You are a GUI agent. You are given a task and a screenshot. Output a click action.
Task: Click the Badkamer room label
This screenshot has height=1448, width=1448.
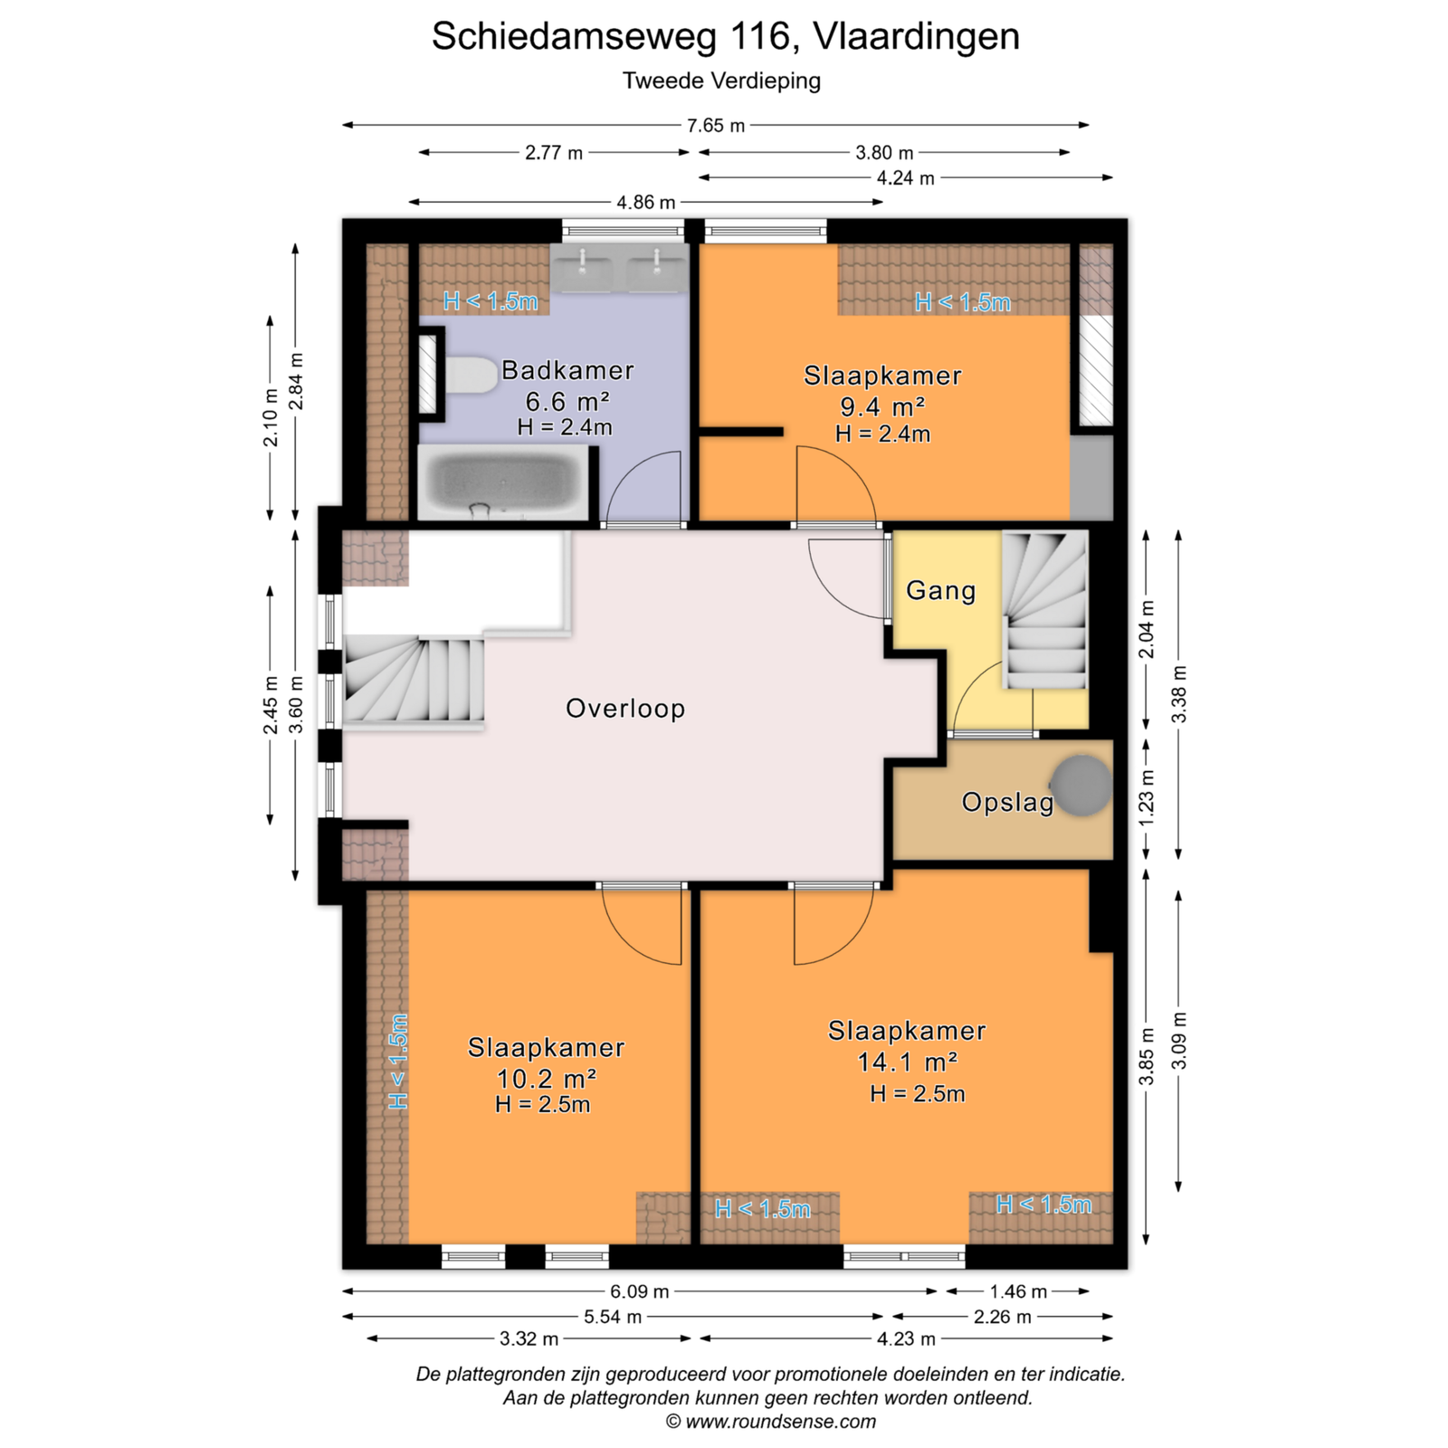(567, 370)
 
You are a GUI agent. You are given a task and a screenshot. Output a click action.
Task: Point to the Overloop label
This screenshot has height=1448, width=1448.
(625, 708)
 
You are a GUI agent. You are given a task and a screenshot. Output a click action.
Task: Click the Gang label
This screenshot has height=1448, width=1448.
(941, 591)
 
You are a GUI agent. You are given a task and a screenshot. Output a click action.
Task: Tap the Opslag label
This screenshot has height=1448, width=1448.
(1007, 802)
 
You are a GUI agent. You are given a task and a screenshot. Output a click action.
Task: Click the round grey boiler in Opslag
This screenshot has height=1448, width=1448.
(1081, 786)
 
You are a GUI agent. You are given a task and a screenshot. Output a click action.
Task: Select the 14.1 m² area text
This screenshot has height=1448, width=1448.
(908, 1061)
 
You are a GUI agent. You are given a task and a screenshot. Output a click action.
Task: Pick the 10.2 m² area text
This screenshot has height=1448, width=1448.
(547, 1078)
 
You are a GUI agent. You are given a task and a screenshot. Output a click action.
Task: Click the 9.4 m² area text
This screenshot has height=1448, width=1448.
(882, 406)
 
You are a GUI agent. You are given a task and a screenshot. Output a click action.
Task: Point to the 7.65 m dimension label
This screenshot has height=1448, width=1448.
(716, 126)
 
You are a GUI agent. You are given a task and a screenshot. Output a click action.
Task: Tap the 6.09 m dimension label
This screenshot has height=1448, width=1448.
(640, 1291)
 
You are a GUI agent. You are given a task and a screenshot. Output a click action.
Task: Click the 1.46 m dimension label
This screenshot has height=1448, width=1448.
(1018, 1291)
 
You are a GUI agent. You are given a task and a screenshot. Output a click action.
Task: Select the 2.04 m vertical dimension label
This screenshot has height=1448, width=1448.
(1147, 629)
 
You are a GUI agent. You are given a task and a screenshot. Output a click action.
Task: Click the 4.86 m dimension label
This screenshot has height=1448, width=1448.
(646, 202)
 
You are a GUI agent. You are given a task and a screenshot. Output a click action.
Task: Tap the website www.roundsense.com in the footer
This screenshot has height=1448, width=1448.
(780, 1422)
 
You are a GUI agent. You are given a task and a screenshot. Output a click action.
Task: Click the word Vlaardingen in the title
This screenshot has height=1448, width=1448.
(917, 36)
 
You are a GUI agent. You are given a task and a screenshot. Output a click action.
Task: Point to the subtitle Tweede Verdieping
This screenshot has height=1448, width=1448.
(721, 81)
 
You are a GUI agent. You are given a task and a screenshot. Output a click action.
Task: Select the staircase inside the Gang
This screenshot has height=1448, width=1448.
(1044, 611)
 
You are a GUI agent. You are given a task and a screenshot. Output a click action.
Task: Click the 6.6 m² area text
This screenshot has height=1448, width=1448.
(567, 401)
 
